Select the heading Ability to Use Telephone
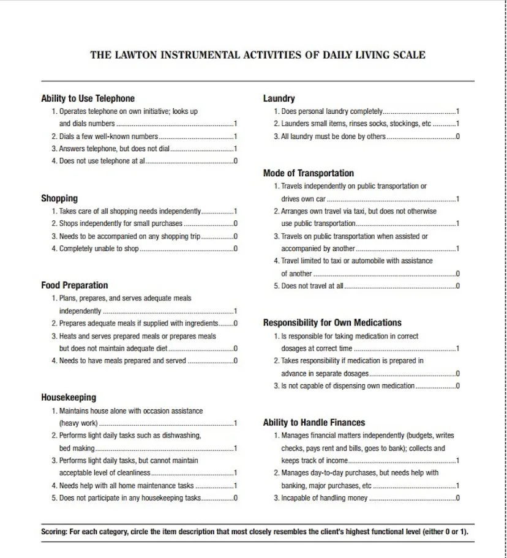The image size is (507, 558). click(88, 99)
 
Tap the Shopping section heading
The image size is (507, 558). click(59, 198)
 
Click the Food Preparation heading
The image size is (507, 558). click(74, 285)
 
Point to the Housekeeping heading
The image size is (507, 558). click(69, 398)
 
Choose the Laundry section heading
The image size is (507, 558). click(279, 99)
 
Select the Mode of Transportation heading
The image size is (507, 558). click(308, 173)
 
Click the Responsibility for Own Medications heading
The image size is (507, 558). click(332, 322)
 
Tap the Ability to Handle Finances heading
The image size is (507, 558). click(314, 423)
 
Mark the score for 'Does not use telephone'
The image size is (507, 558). click(236, 162)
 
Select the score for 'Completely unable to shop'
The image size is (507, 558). click(236, 249)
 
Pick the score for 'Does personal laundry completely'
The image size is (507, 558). click(457, 111)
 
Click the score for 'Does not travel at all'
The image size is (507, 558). click(457, 286)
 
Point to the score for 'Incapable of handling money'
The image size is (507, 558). click(457, 498)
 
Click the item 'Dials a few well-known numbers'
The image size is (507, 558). click(108, 136)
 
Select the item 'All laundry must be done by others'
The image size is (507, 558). click(333, 136)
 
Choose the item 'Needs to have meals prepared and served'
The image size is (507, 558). click(122, 361)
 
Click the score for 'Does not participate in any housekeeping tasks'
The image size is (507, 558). click(236, 498)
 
